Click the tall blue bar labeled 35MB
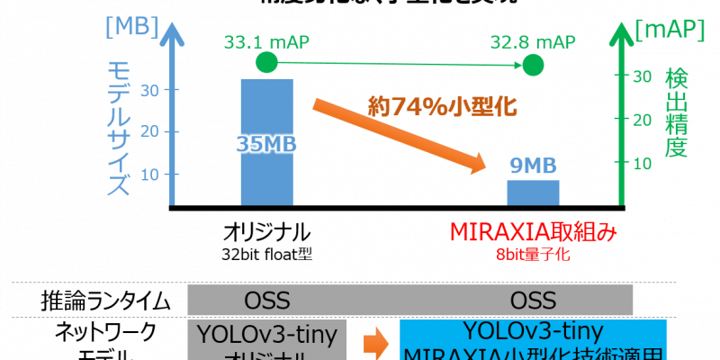266,142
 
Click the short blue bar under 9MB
533,192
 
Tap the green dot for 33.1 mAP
266,62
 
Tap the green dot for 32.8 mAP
533,65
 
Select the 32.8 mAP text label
533,41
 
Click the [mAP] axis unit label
670,31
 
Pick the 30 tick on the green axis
641,77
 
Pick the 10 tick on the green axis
641,163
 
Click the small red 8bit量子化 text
533,255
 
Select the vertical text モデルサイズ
119,129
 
